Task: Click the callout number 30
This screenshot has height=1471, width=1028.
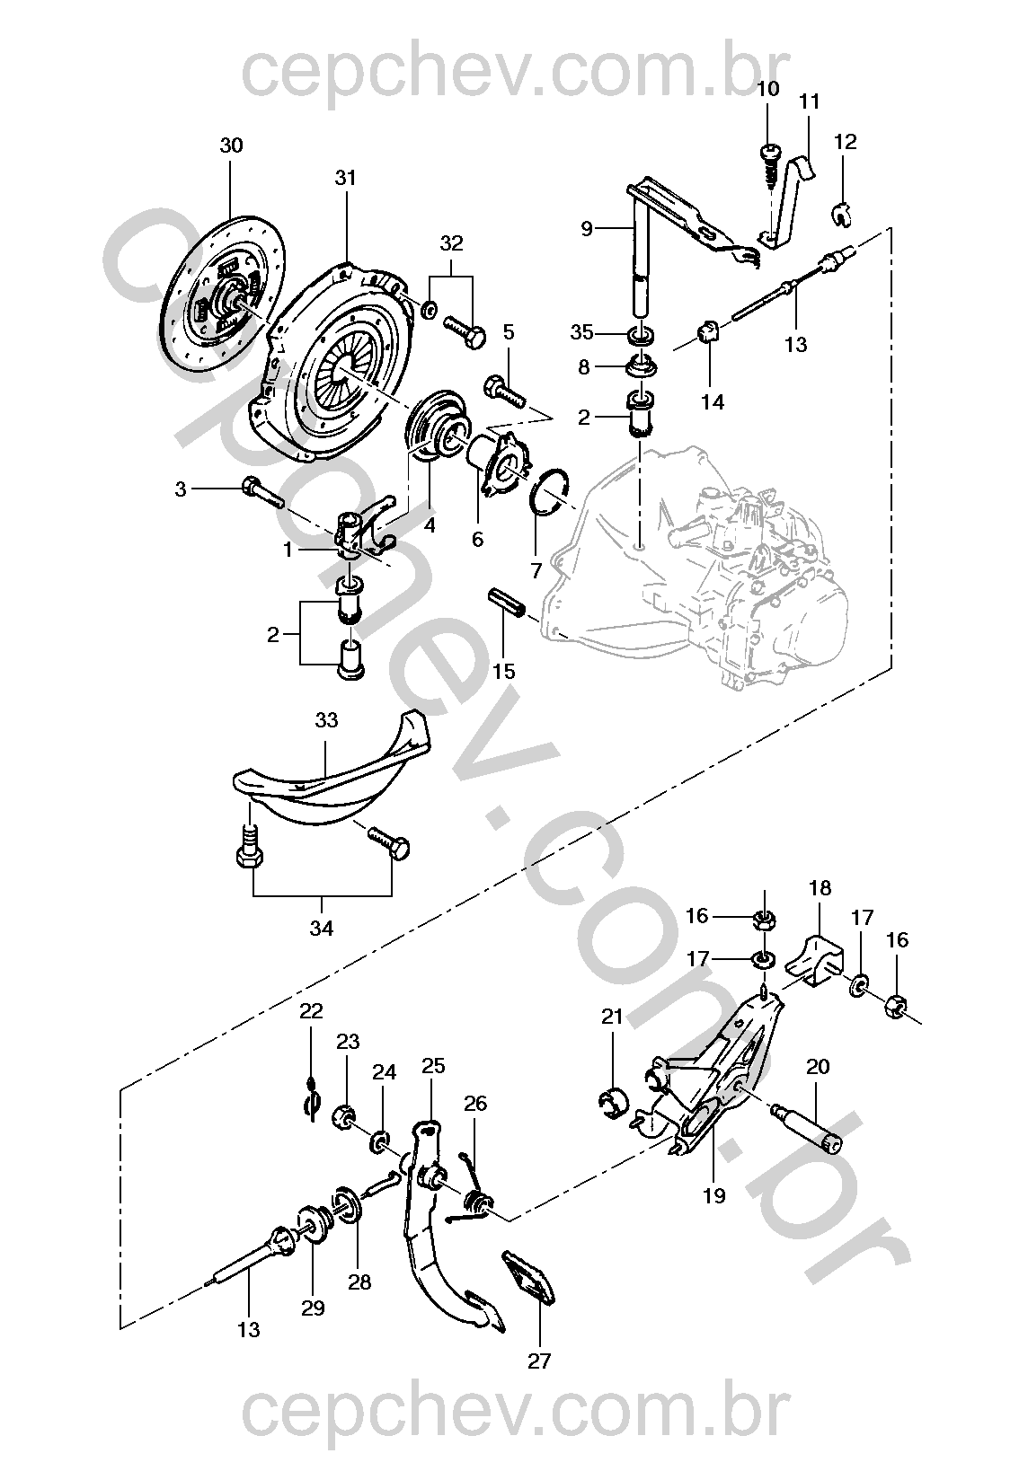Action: click(x=231, y=145)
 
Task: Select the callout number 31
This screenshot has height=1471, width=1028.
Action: click(x=345, y=178)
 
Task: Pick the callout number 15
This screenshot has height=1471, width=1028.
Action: click(x=504, y=671)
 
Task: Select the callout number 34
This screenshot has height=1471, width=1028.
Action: click(x=322, y=928)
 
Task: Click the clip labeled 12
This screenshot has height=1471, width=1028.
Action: click(x=841, y=214)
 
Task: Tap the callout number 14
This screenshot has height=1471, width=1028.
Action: click(x=713, y=401)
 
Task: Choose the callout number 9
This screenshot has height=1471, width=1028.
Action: click(x=586, y=228)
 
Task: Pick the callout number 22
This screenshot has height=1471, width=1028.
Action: click(x=311, y=1011)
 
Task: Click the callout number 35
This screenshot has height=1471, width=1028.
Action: click(x=581, y=332)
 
